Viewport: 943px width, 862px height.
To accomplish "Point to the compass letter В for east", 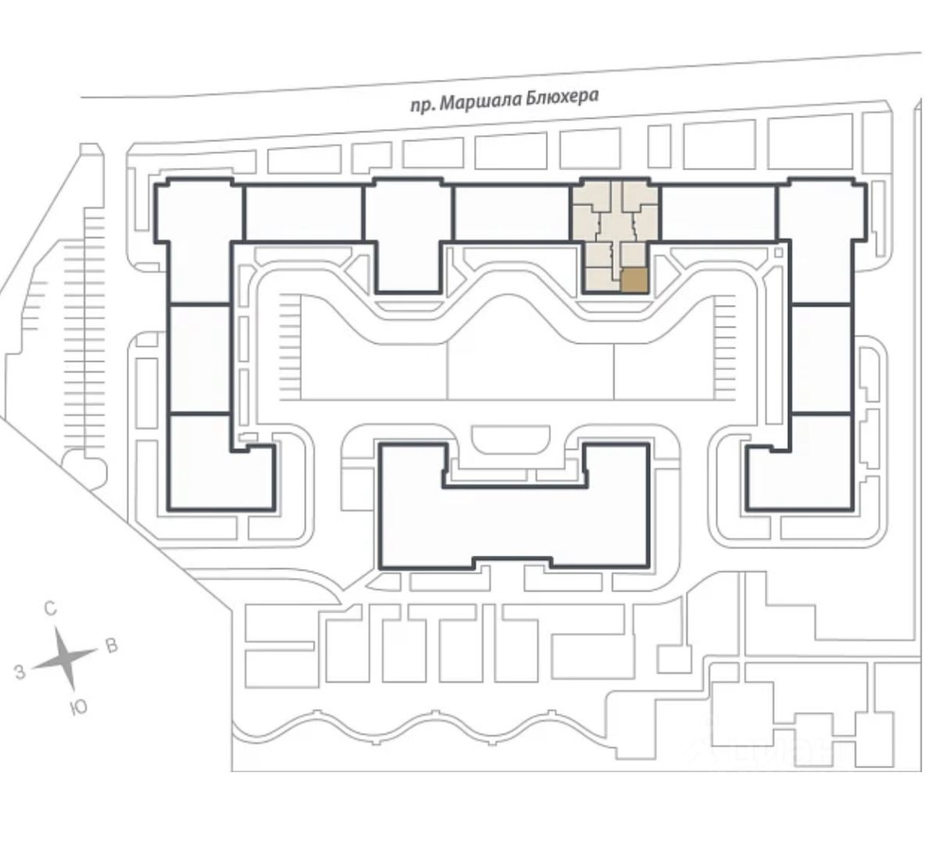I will coord(111,646).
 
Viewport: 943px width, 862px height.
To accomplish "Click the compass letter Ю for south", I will coord(78,708).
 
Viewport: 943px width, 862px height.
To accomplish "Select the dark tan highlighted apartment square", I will coord(634,280).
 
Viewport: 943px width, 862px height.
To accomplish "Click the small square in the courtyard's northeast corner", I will coord(779,252).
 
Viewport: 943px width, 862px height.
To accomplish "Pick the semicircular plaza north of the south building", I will coord(513,439).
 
